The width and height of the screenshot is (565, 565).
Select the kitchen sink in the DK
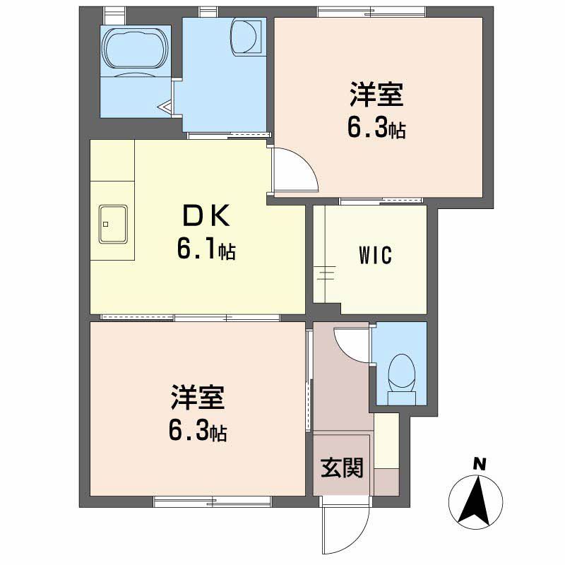[113, 225]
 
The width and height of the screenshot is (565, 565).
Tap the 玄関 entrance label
[343, 468]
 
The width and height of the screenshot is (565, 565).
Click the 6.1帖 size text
[206, 250]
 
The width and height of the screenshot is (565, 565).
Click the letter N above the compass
[480, 464]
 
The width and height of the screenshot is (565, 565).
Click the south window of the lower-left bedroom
[212, 501]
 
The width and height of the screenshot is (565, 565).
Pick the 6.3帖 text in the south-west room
[198, 431]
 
